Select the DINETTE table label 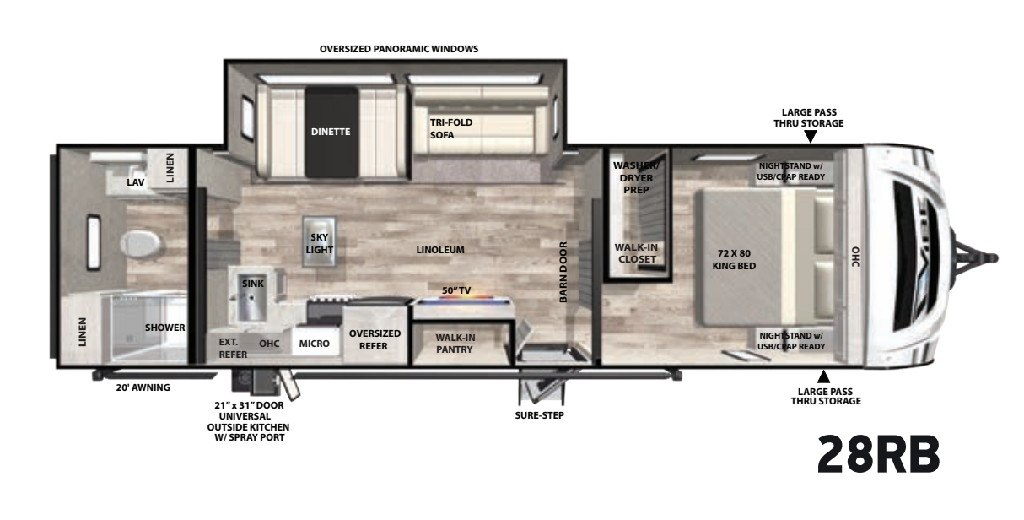[x=330, y=132]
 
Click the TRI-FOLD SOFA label [x=451, y=128]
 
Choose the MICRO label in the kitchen [x=315, y=344]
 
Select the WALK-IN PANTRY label [x=455, y=343]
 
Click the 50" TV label [x=456, y=290]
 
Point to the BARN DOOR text [x=563, y=272]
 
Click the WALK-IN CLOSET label [x=636, y=252]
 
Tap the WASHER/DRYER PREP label [x=636, y=177]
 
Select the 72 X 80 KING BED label [x=734, y=259]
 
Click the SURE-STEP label [x=540, y=415]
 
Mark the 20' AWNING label [x=143, y=388]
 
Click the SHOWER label [x=164, y=328]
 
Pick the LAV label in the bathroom [x=135, y=182]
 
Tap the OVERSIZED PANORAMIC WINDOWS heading [x=399, y=49]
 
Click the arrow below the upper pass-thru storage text [x=810, y=137]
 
